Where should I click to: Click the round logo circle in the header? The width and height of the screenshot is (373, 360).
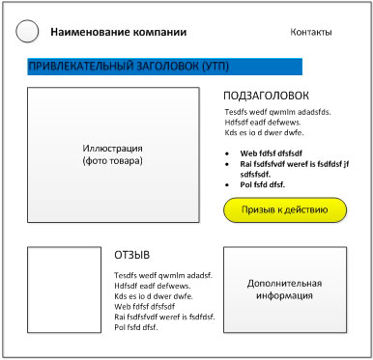coord(28,33)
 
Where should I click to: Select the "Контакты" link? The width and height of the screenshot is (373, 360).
coord(310,33)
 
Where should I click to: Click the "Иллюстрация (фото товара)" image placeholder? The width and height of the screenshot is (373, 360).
coord(113,154)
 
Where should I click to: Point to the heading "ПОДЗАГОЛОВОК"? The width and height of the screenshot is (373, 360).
coord(266,97)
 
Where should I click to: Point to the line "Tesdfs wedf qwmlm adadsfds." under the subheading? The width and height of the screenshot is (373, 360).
coord(276,112)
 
